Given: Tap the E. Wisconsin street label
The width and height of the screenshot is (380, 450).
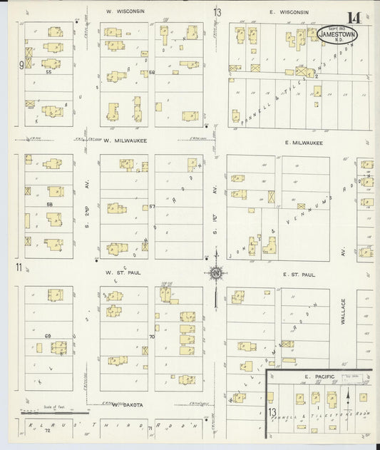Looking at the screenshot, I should click(289, 12).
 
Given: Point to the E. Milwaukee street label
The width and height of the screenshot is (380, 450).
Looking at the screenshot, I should click(302, 142).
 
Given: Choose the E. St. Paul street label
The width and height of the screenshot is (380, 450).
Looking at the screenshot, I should click(299, 273).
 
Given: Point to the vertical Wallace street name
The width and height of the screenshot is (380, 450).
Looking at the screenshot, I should click(343, 311).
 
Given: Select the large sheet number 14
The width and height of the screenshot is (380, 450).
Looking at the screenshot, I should click(354, 17).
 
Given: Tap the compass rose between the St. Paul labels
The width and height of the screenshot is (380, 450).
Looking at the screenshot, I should click(215, 273).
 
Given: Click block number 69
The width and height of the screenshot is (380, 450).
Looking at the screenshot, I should click(48, 335).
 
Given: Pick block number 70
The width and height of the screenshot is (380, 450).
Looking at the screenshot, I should click(151, 336).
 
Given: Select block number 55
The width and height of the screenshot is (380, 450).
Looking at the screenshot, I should click(48, 73).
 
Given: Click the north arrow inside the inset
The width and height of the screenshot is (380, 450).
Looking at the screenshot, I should click(346, 394).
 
